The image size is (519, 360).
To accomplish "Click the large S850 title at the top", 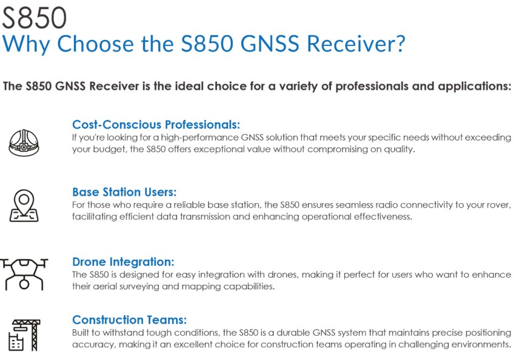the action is pyautogui.click(x=35, y=18).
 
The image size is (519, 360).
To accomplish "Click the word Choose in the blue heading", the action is pyautogui.click(x=95, y=44).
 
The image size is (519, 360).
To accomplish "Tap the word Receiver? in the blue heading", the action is pyautogui.click(x=356, y=44).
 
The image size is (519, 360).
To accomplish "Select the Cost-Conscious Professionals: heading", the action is pyautogui.click(x=156, y=124).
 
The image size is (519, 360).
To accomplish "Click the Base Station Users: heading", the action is pyautogui.click(x=124, y=192).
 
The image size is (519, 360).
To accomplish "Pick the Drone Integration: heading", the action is pyautogui.click(x=123, y=262).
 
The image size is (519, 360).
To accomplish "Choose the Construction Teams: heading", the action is pyautogui.click(x=129, y=319).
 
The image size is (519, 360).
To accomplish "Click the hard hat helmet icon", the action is pyautogui.click(x=24, y=142).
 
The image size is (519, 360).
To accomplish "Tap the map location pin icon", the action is pyautogui.click(x=24, y=205).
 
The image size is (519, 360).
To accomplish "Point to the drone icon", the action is pyautogui.click(x=24, y=275).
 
